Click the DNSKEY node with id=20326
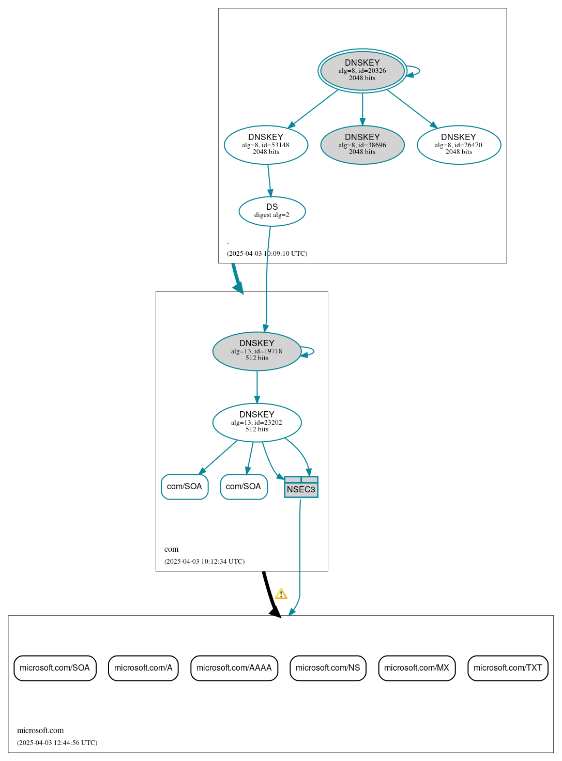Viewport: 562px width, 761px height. pyautogui.click(x=362, y=71)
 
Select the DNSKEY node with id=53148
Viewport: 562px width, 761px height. pyautogui.click(x=266, y=145)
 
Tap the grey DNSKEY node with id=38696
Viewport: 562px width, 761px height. pyautogui.click(x=362, y=145)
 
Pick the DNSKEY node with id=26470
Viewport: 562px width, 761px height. pyautogui.click(x=459, y=145)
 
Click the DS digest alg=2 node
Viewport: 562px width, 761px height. pyautogui.click(x=272, y=211)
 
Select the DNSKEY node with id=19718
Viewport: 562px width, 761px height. pyautogui.click(x=256, y=351)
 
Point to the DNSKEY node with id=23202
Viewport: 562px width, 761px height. pyautogui.click(x=256, y=423)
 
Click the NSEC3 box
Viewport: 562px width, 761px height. pyautogui.click(x=301, y=487)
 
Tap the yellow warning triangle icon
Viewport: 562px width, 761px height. pyautogui.click(x=281, y=594)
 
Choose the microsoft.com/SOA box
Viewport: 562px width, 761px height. pyautogui.click(x=55, y=668)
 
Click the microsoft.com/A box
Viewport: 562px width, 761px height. pyautogui.click(x=143, y=668)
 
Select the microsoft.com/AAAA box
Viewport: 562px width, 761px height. pyautogui.click(x=234, y=668)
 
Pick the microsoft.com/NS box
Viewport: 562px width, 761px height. pyautogui.click(x=328, y=668)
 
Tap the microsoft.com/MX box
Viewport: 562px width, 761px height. pyautogui.click(x=417, y=668)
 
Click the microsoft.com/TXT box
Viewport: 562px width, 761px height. pyautogui.click(x=508, y=668)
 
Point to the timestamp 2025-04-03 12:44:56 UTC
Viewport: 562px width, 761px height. pyautogui.click(x=57, y=743)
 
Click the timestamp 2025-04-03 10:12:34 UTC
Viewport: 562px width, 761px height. pyautogui.click(x=204, y=562)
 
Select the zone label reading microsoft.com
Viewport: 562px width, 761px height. pyautogui.click(x=40, y=731)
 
